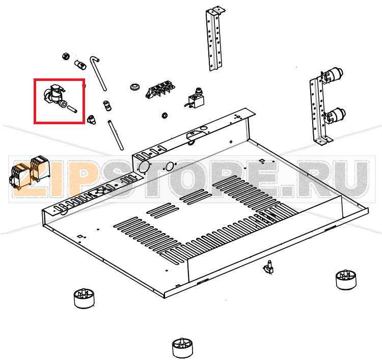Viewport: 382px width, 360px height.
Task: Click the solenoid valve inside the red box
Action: coord(55,96)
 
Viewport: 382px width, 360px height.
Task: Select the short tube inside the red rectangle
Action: coord(72,109)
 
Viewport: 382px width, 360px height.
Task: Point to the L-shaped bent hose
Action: coord(98,73)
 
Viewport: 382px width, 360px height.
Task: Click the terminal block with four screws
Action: coord(160,90)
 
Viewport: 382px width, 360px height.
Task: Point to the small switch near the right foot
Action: coord(268,268)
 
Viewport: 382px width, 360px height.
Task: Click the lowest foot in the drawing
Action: coord(182,348)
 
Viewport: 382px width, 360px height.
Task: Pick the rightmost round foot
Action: coord(346,280)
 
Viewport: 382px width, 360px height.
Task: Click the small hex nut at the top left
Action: coord(66,57)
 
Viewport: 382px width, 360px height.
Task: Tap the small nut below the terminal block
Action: coord(165,115)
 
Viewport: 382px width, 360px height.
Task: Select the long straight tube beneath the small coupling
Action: coord(116,135)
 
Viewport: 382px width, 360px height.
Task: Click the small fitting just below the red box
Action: coord(92,119)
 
